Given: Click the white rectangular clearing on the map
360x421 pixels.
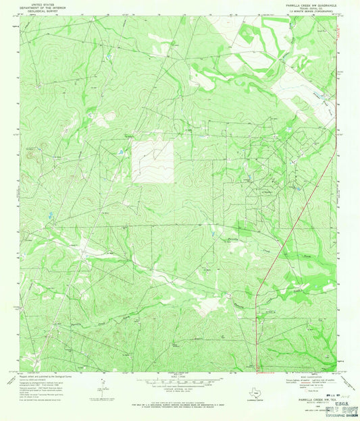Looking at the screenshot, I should pyautogui.click(x=152, y=162).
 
